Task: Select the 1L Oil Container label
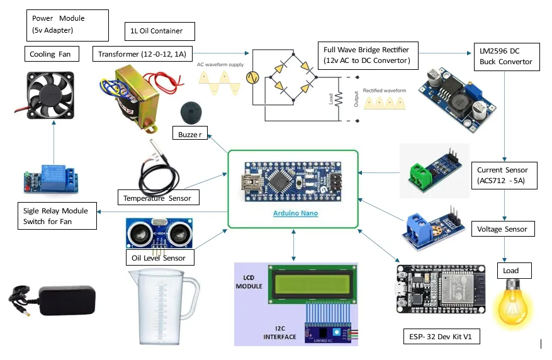[x=159, y=31]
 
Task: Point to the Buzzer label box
[x=190, y=134]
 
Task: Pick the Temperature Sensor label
[x=158, y=198]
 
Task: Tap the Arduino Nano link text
[x=295, y=213]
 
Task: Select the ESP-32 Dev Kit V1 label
[x=441, y=337]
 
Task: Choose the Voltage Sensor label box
[x=502, y=229]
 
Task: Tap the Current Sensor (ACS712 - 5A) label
[x=502, y=176]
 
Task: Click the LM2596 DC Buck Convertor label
[x=505, y=56]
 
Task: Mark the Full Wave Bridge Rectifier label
[x=366, y=55]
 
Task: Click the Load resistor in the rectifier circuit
[x=337, y=99]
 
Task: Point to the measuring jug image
[x=162, y=307]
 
